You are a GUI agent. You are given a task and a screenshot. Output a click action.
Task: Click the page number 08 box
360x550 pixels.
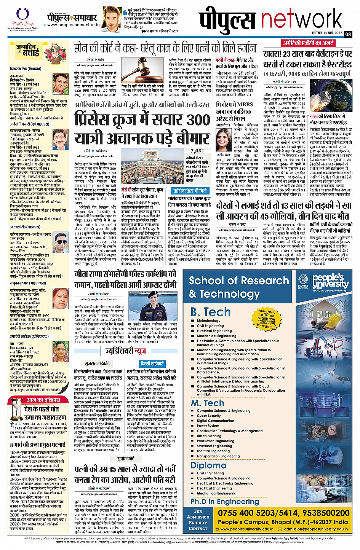(348, 34)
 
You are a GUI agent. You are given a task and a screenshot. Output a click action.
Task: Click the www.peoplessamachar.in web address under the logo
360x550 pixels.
(74, 25)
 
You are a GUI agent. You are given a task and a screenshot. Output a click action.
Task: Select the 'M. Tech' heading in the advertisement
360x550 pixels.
(207, 403)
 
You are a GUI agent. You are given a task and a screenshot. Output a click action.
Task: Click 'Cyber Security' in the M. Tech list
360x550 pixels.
(209, 416)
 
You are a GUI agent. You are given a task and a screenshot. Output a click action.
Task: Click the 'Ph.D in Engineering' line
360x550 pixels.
(225, 502)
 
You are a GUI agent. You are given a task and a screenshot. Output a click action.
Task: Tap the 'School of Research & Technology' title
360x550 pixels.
(239, 287)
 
